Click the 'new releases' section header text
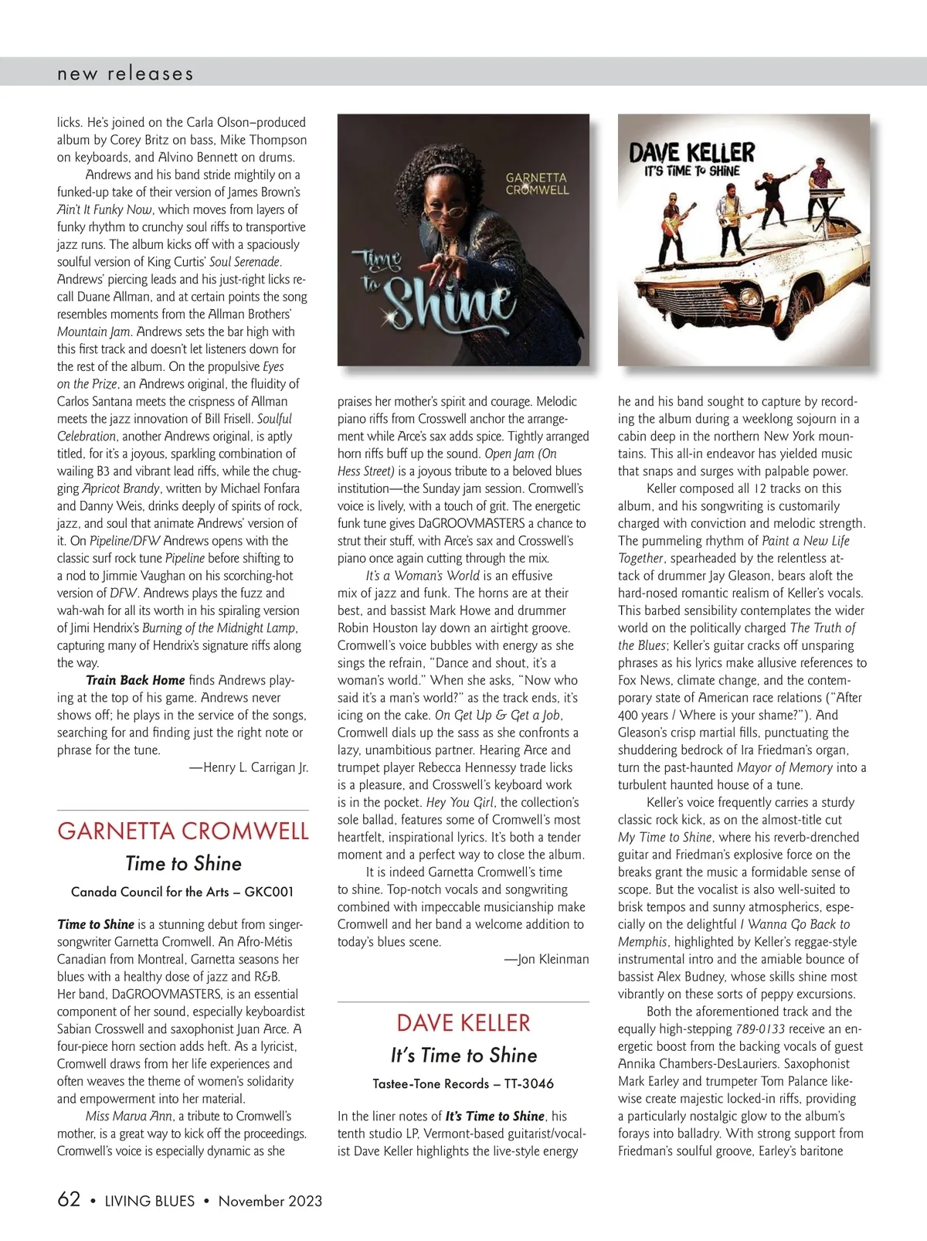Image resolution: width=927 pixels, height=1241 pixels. pos(125,74)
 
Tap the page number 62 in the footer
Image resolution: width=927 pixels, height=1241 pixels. pos(69,1199)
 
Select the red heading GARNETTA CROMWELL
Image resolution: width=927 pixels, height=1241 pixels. pos(183,831)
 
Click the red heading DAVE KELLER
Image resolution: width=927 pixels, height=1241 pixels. pos(463,1023)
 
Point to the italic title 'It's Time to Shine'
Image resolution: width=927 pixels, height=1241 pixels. pos(463,1056)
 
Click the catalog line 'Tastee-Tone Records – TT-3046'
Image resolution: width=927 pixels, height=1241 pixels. pos(463,1083)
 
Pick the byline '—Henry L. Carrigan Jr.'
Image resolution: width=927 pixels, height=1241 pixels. pos(249,767)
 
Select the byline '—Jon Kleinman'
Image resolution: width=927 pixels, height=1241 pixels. pos(546,959)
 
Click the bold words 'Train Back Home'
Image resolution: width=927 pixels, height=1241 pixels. pos(135,680)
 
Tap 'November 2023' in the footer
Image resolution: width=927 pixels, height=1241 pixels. pos(270,1201)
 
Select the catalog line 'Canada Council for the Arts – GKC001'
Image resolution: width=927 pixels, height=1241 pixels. pos(182,892)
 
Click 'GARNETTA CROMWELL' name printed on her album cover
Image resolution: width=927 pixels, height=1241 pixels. pos(537,183)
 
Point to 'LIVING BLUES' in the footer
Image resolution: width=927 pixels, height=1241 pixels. pos(150,1201)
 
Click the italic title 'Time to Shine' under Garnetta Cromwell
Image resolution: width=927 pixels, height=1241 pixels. pos(183,864)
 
